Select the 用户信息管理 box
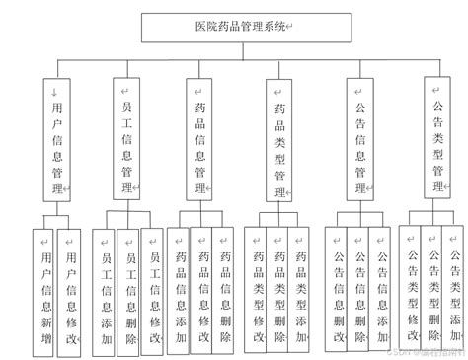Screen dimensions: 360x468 [59, 138]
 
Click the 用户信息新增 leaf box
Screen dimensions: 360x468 [43, 287]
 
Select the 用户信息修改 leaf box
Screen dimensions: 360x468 [68, 287]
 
